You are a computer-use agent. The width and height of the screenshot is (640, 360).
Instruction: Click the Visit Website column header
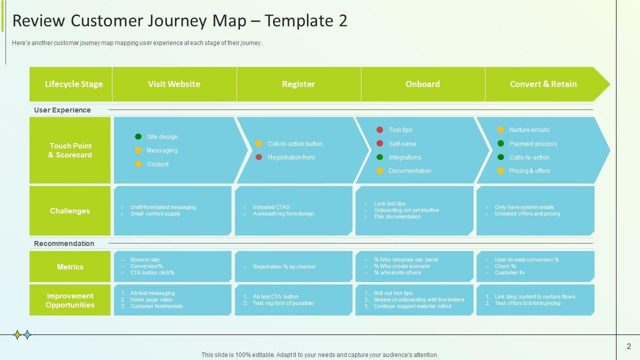174,84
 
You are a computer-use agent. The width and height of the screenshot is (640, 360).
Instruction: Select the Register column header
298,84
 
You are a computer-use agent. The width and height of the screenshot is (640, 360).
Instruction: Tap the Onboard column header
422,84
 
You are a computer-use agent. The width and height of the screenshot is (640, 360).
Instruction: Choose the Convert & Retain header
543,84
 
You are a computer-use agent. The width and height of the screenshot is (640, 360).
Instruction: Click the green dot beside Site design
138,136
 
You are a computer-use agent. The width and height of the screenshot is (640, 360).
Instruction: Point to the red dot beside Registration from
258,157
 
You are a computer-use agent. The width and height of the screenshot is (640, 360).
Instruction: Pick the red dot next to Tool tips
379,130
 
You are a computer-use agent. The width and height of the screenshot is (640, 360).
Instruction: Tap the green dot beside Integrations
379,157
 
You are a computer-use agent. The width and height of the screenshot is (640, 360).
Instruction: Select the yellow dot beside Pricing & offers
500,170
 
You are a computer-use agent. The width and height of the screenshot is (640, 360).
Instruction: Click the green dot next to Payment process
500,143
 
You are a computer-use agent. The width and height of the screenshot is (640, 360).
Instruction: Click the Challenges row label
70,211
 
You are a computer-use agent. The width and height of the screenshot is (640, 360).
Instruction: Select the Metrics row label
70,267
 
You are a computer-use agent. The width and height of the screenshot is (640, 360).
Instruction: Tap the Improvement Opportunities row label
70,300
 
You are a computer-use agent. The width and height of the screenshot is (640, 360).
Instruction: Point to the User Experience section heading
62,110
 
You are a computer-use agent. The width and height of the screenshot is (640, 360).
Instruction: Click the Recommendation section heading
64,243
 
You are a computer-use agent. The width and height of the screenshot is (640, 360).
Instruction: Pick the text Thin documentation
397,216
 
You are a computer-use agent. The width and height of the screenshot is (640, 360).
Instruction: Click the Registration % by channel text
284,266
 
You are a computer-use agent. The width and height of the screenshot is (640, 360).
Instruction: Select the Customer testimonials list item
156,306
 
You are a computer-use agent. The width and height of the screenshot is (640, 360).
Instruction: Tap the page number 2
628,346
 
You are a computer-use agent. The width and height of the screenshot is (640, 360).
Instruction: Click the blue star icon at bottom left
27,335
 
